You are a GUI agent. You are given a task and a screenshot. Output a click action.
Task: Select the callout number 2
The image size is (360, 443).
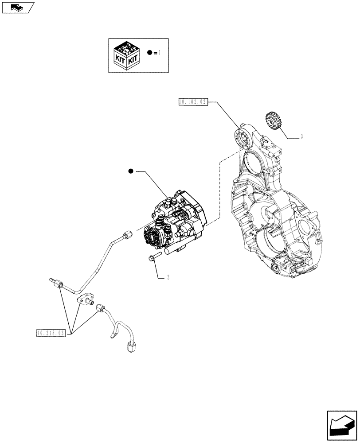(x=168, y=278)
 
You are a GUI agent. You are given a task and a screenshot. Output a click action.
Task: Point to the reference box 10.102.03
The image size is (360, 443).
(x=192, y=102)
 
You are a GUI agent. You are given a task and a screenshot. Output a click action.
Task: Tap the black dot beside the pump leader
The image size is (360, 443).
(x=131, y=171)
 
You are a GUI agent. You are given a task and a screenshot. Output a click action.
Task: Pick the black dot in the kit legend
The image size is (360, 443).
(x=150, y=53)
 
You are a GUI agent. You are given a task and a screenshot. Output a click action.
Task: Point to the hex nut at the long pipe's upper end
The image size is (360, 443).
(x=129, y=235)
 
